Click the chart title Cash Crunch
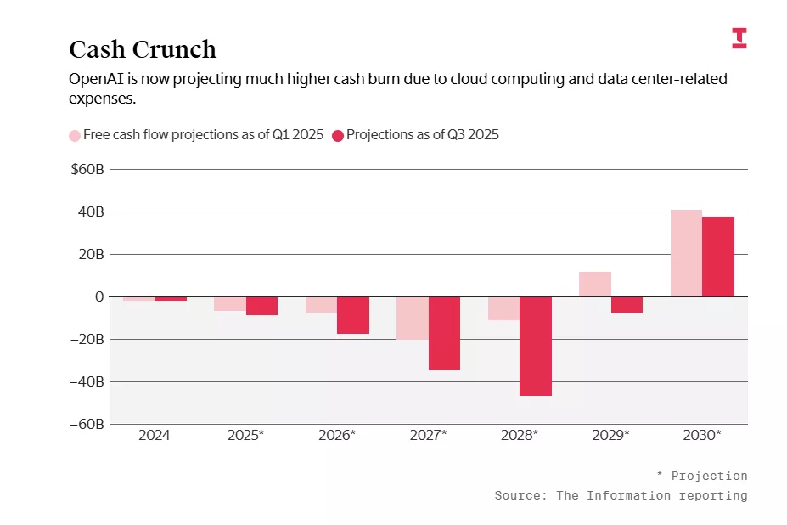coord(142,49)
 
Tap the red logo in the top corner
coord(739,38)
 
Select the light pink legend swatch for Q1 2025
coord(75,135)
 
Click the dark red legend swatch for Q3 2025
coord(338,135)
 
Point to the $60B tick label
coord(87,170)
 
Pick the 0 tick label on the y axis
coord(98,296)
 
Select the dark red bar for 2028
coord(536,346)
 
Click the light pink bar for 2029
coord(595,285)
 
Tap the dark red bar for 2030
coord(718,257)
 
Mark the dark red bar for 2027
coord(444,333)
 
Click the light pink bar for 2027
coord(413,318)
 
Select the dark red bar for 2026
coord(353,315)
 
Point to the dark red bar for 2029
coord(627,304)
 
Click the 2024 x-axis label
coord(155,435)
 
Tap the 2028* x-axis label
coord(520,435)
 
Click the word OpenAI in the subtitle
coord(96,80)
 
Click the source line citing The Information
coord(621,495)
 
